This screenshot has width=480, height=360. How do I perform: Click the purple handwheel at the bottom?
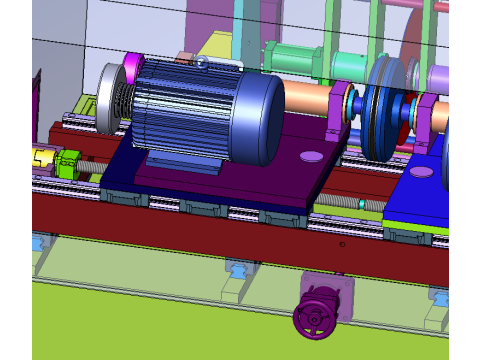pos(314,319)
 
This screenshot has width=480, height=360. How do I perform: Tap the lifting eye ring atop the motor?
pos(202,63)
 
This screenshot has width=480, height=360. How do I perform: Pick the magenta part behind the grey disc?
pos(131,71)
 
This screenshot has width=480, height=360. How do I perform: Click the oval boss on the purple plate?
pos(310,157)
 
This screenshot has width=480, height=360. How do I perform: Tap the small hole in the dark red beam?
pos(341,244)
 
